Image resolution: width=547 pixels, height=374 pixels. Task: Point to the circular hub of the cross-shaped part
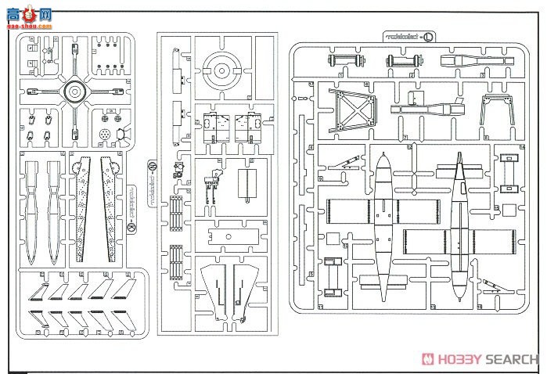74,92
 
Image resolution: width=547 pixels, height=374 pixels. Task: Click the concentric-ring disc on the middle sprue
221,71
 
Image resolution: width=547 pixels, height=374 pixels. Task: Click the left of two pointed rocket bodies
32,211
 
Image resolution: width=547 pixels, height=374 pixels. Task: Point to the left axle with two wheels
340,60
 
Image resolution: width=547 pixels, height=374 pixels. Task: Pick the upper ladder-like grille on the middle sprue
175,211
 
